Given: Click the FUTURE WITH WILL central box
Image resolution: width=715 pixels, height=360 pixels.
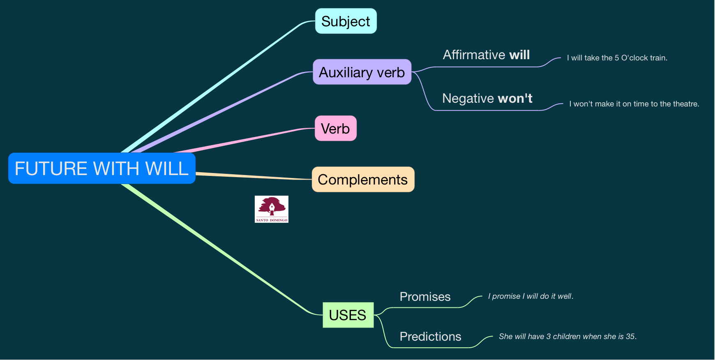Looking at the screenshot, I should [101, 168].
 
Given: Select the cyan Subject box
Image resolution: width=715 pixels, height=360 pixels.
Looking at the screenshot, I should [346, 21].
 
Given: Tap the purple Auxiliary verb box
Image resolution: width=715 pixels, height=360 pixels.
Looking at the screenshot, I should [362, 72].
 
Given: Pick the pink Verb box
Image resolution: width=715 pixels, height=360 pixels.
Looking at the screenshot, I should [335, 129].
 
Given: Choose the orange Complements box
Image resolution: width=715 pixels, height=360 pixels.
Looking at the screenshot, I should [363, 180].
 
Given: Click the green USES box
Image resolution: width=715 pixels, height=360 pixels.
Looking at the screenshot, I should [348, 315].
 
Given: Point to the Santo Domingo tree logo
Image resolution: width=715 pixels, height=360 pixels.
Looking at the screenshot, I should [272, 209].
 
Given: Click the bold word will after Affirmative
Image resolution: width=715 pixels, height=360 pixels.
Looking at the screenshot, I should [519, 55].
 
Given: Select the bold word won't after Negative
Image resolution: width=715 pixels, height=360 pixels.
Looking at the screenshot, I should [515, 99].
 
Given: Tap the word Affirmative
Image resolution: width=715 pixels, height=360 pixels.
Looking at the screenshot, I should [474, 55].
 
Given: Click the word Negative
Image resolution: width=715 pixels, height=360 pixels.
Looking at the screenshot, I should [468, 99].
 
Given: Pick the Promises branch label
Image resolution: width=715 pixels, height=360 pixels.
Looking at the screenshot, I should [425, 297].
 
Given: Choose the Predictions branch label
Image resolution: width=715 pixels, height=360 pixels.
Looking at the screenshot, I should [430, 337].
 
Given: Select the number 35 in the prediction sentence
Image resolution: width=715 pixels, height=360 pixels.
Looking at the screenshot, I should [630, 337].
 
